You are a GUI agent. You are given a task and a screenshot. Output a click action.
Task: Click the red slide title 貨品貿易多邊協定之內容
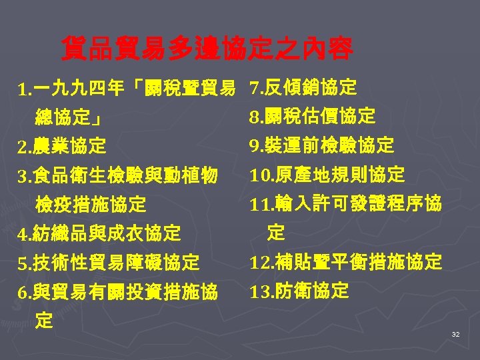click(x=207, y=48)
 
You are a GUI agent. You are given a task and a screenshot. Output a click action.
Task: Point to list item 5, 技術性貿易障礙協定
click(x=109, y=263)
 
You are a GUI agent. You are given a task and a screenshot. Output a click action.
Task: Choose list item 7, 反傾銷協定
click(x=303, y=87)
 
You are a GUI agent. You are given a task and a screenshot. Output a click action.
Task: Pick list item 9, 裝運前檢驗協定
click(x=322, y=145)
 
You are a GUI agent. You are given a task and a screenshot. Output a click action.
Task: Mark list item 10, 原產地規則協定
click(x=327, y=175)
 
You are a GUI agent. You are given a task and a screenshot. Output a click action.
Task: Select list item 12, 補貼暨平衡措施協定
click(x=345, y=262)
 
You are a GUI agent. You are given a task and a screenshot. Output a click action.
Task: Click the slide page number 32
click(x=455, y=334)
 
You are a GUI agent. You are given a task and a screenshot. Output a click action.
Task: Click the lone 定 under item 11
click(x=275, y=233)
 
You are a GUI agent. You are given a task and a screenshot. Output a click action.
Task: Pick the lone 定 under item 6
click(x=44, y=321)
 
